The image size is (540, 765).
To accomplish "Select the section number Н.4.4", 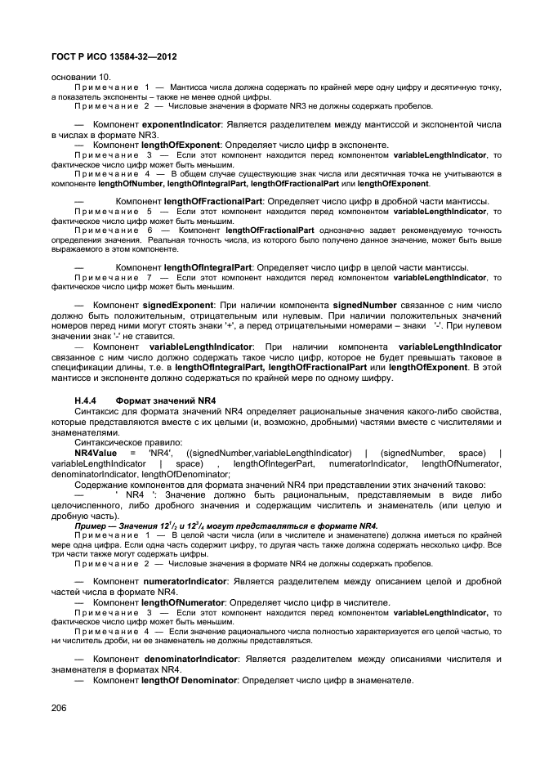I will [87, 400].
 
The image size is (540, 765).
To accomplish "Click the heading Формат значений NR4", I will [166, 400].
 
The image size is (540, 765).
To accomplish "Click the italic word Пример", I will [91, 526].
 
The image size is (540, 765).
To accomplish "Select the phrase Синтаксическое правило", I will [123, 442].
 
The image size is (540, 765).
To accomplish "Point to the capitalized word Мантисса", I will [190, 87].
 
